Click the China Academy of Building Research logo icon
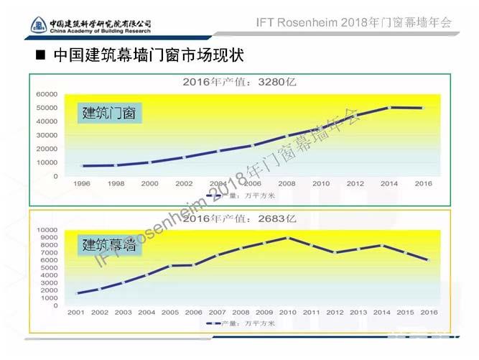point(39,26)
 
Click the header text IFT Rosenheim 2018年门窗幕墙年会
point(353,22)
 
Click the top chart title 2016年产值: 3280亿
point(239,82)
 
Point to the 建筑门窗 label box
point(109,113)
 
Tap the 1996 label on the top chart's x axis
point(82,184)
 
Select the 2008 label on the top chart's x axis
point(287,184)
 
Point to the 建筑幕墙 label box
point(109,245)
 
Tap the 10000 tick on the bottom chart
point(47,230)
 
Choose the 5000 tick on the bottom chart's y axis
point(49,268)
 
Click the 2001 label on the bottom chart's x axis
point(76,313)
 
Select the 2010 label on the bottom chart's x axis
point(288,313)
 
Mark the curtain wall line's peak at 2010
point(288,238)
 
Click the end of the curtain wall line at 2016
point(429,260)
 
